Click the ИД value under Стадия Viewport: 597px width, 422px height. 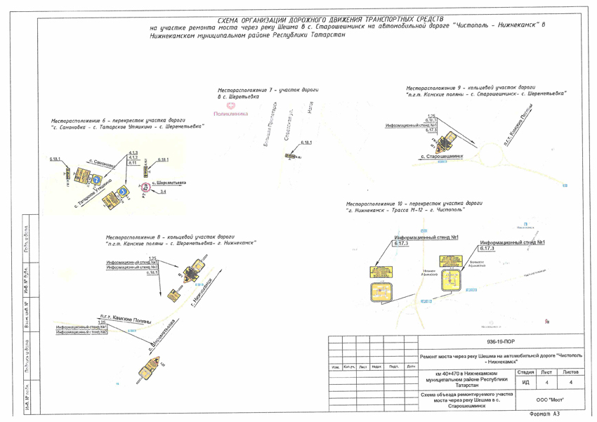(525, 382)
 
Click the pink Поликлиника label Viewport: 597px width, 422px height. (230, 114)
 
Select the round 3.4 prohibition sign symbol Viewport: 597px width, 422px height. (145, 187)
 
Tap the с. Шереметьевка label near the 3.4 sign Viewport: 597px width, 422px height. (169, 183)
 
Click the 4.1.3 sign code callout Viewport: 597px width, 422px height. (133, 152)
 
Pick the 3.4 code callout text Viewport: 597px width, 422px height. (163, 191)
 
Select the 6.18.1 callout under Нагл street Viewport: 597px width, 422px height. (306, 143)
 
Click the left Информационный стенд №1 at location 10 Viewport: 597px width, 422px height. (426, 237)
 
